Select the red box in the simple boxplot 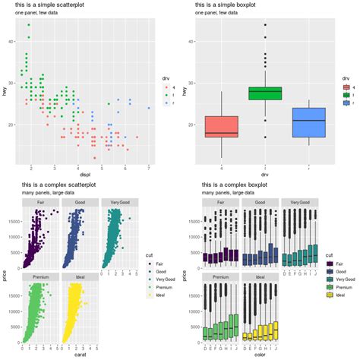click(x=222, y=127)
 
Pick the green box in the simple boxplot click(x=265, y=93)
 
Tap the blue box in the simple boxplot click(x=308, y=122)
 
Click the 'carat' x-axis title click(x=81, y=353)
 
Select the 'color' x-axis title click(x=261, y=353)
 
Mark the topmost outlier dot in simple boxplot click(x=265, y=25)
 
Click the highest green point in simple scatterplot click(x=29, y=25)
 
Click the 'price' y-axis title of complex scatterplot click(x=5, y=270)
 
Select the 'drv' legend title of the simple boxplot click(x=346, y=77)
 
